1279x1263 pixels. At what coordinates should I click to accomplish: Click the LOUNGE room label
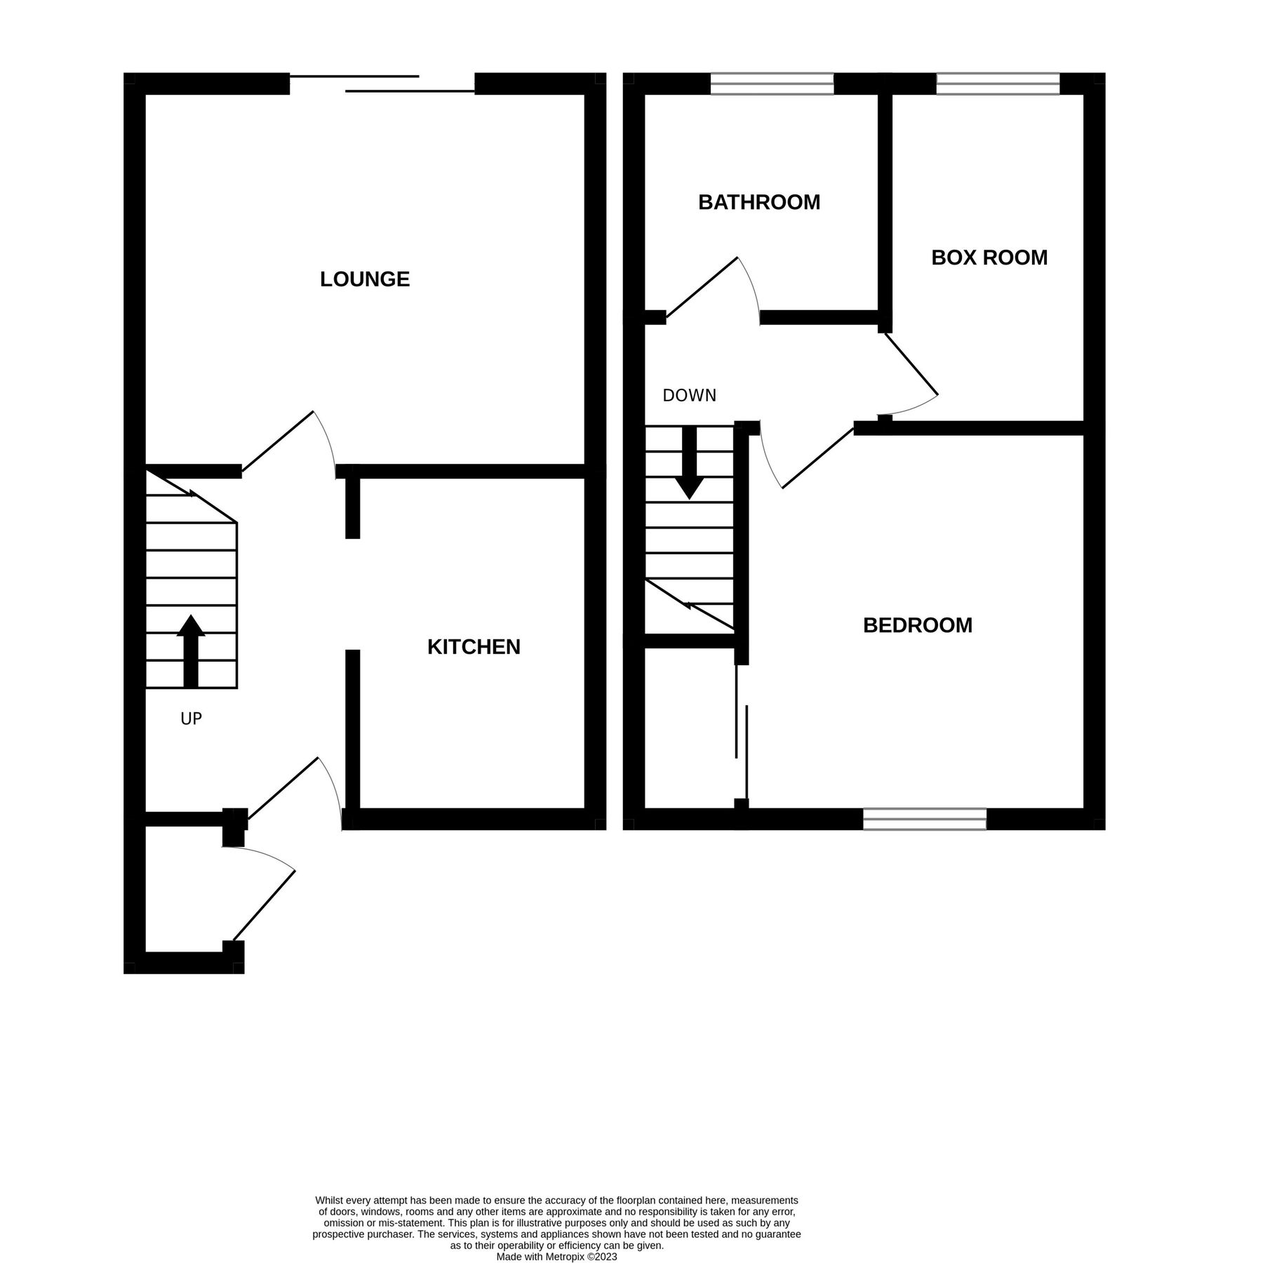click(x=364, y=279)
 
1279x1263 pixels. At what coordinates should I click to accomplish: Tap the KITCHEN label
click(x=474, y=647)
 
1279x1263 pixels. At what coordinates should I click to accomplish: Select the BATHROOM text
click(x=759, y=202)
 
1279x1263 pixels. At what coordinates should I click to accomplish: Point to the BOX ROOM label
click(x=989, y=258)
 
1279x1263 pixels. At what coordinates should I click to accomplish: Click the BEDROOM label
click(x=918, y=625)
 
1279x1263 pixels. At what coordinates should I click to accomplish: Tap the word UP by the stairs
click(x=191, y=719)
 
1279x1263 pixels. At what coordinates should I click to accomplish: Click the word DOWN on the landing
click(x=690, y=396)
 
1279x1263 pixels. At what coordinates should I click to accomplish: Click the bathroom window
click(x=772, y=83)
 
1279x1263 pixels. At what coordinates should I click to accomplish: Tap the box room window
click(x=998, y=83)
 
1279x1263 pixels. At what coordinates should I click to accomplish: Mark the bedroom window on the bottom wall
click(x=925, y=819)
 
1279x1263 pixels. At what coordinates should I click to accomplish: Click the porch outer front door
click(x=264, y=905)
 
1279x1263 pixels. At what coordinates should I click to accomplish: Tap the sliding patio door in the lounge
click(x=382, y=83)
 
